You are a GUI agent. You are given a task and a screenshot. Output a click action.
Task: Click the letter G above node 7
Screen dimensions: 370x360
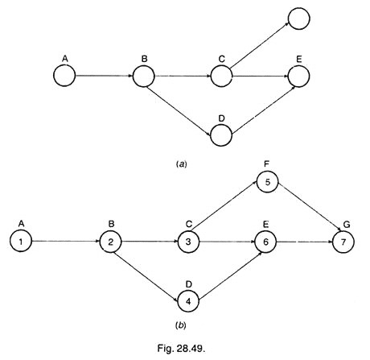(347, 224)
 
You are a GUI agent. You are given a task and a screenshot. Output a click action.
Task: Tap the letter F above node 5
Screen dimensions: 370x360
(266, 164)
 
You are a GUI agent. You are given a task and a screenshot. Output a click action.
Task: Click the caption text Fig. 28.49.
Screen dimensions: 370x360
(182, 348)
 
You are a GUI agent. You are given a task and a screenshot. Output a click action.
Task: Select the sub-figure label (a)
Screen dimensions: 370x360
(181, 163)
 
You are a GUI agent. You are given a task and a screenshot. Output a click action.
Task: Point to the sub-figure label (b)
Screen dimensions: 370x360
(181, 325)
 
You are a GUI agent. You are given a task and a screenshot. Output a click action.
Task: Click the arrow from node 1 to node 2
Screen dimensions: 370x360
(66, 241)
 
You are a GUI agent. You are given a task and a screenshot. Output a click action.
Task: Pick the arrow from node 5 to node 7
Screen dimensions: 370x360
(310, 206)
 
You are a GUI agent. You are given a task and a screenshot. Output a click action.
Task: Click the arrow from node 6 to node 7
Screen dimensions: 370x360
(304, 242)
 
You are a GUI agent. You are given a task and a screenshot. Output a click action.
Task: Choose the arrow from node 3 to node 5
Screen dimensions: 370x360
(224, 205)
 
